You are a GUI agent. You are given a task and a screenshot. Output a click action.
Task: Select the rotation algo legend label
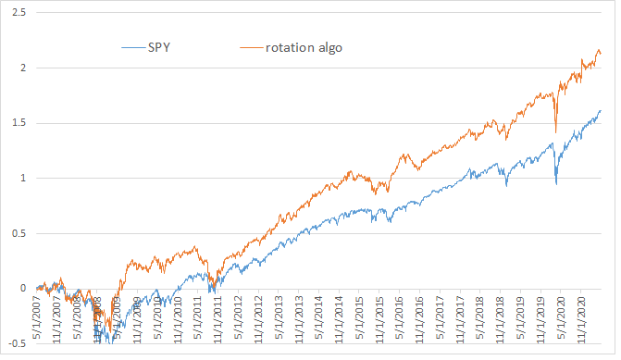[304, 47]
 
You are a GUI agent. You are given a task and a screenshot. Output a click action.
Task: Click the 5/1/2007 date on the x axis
[37, 320]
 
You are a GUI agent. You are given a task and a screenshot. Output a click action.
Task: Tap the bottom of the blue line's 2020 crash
[555, 184]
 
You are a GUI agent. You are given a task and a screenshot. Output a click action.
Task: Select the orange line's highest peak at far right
[599, 50]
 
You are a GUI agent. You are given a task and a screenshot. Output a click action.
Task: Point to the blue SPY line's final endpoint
[601, 110]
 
